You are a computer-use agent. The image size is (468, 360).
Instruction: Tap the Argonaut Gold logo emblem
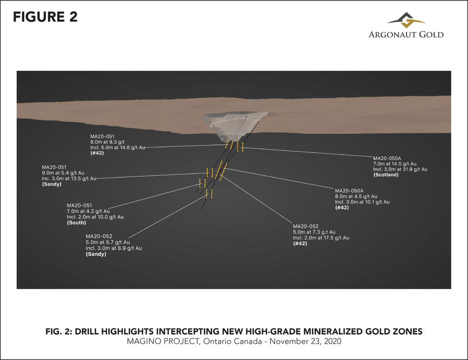pyautogui.click(x=405, y=22)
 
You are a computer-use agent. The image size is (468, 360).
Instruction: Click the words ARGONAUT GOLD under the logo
pyautogui.click(x=406, y=35)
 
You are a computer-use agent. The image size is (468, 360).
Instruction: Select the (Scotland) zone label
pyautogui.click(x=386, y=175)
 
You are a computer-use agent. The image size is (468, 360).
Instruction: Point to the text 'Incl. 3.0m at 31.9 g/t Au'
pyautogui.click(x=400, y=169)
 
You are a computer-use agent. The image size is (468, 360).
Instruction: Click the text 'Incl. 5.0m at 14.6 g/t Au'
pyautogui.click(x=118, y=147)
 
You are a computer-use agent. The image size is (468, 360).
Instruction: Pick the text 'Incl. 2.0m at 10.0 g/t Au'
pyautogui.click(x=95, y=217)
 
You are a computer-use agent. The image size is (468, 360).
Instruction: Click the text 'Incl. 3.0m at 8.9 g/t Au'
pyautogui.click(x=113, y=248)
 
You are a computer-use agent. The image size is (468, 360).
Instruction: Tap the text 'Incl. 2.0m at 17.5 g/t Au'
pyautogui.click(x=321, y=238)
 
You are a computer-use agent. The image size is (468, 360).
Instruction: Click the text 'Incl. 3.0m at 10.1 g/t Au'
pyautogui.click(x=362, y=202)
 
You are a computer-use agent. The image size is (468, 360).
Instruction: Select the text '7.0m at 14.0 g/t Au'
pyautogui.click(x=395, y=164)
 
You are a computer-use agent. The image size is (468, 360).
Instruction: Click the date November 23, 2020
pyautogui.click(x=310, y=341)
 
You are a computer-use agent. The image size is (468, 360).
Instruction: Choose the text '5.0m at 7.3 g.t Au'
pyautogui.click(x=314, y=232)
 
